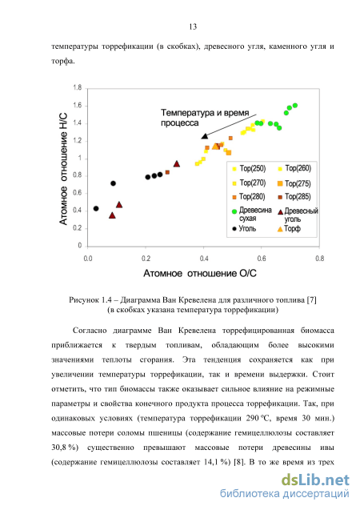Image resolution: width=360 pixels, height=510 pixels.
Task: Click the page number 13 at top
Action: (193, 26)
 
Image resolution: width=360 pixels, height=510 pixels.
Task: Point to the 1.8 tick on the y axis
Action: (78, 87)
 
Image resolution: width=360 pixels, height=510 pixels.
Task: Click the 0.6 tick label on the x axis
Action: (262, 259)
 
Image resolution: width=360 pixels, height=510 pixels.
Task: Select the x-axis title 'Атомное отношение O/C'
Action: (200, 273)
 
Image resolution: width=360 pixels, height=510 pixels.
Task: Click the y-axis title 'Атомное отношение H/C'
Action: (63, 169)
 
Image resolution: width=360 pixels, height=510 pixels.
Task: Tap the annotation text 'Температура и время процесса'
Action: (205, 118)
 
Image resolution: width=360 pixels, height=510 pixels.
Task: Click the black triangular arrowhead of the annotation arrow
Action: (205, 136)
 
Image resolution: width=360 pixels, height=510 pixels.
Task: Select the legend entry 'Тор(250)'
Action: (249, 168)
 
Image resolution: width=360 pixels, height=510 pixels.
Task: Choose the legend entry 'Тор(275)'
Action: (294, 183)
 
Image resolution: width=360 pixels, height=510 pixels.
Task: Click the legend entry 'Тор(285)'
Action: (294, 197)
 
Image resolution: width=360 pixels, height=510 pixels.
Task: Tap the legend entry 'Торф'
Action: (289, 229)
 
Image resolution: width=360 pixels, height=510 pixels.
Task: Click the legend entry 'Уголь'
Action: (244, 229)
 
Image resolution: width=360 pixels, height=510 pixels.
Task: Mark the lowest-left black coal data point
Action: (96, 208)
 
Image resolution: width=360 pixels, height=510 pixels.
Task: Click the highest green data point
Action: (295, 106)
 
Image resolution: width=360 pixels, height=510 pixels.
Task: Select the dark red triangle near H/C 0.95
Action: (177, 163)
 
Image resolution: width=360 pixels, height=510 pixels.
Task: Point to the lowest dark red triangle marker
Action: (112, 215)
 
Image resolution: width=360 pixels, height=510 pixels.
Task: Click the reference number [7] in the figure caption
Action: (311, 299)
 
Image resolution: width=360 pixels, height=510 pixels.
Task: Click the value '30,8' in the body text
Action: (60, 448)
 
